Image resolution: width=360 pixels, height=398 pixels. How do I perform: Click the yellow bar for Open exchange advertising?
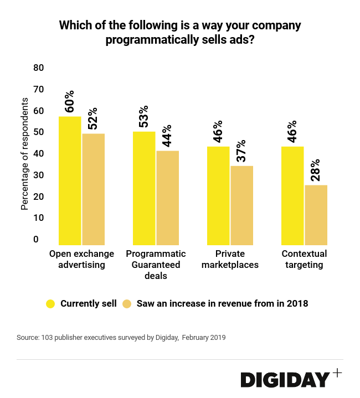click(x=70, y=180)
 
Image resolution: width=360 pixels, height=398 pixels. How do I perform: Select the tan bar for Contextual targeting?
click(x=316, y=215)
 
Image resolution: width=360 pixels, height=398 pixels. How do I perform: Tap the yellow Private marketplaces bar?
click(x=218, y=195)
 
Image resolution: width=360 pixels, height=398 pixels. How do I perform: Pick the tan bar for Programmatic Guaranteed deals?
click(x=167, y=198)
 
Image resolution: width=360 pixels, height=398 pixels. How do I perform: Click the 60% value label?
click(x=70, y=102)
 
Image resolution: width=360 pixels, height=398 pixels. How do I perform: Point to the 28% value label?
click(x=315, y=171)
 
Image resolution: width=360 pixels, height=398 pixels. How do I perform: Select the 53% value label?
click(x=144, y=117)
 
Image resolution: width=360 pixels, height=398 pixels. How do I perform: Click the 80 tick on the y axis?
click(x=38, y=68)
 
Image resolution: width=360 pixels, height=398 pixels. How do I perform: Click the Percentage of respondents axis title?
click(x=24, y=153)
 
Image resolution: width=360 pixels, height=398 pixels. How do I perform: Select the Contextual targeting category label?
click(x=304, y=259)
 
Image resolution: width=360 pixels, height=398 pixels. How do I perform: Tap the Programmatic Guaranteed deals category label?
click(x=156, y=265)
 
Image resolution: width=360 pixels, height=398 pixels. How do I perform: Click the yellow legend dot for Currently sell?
click(x=50, y=303)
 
